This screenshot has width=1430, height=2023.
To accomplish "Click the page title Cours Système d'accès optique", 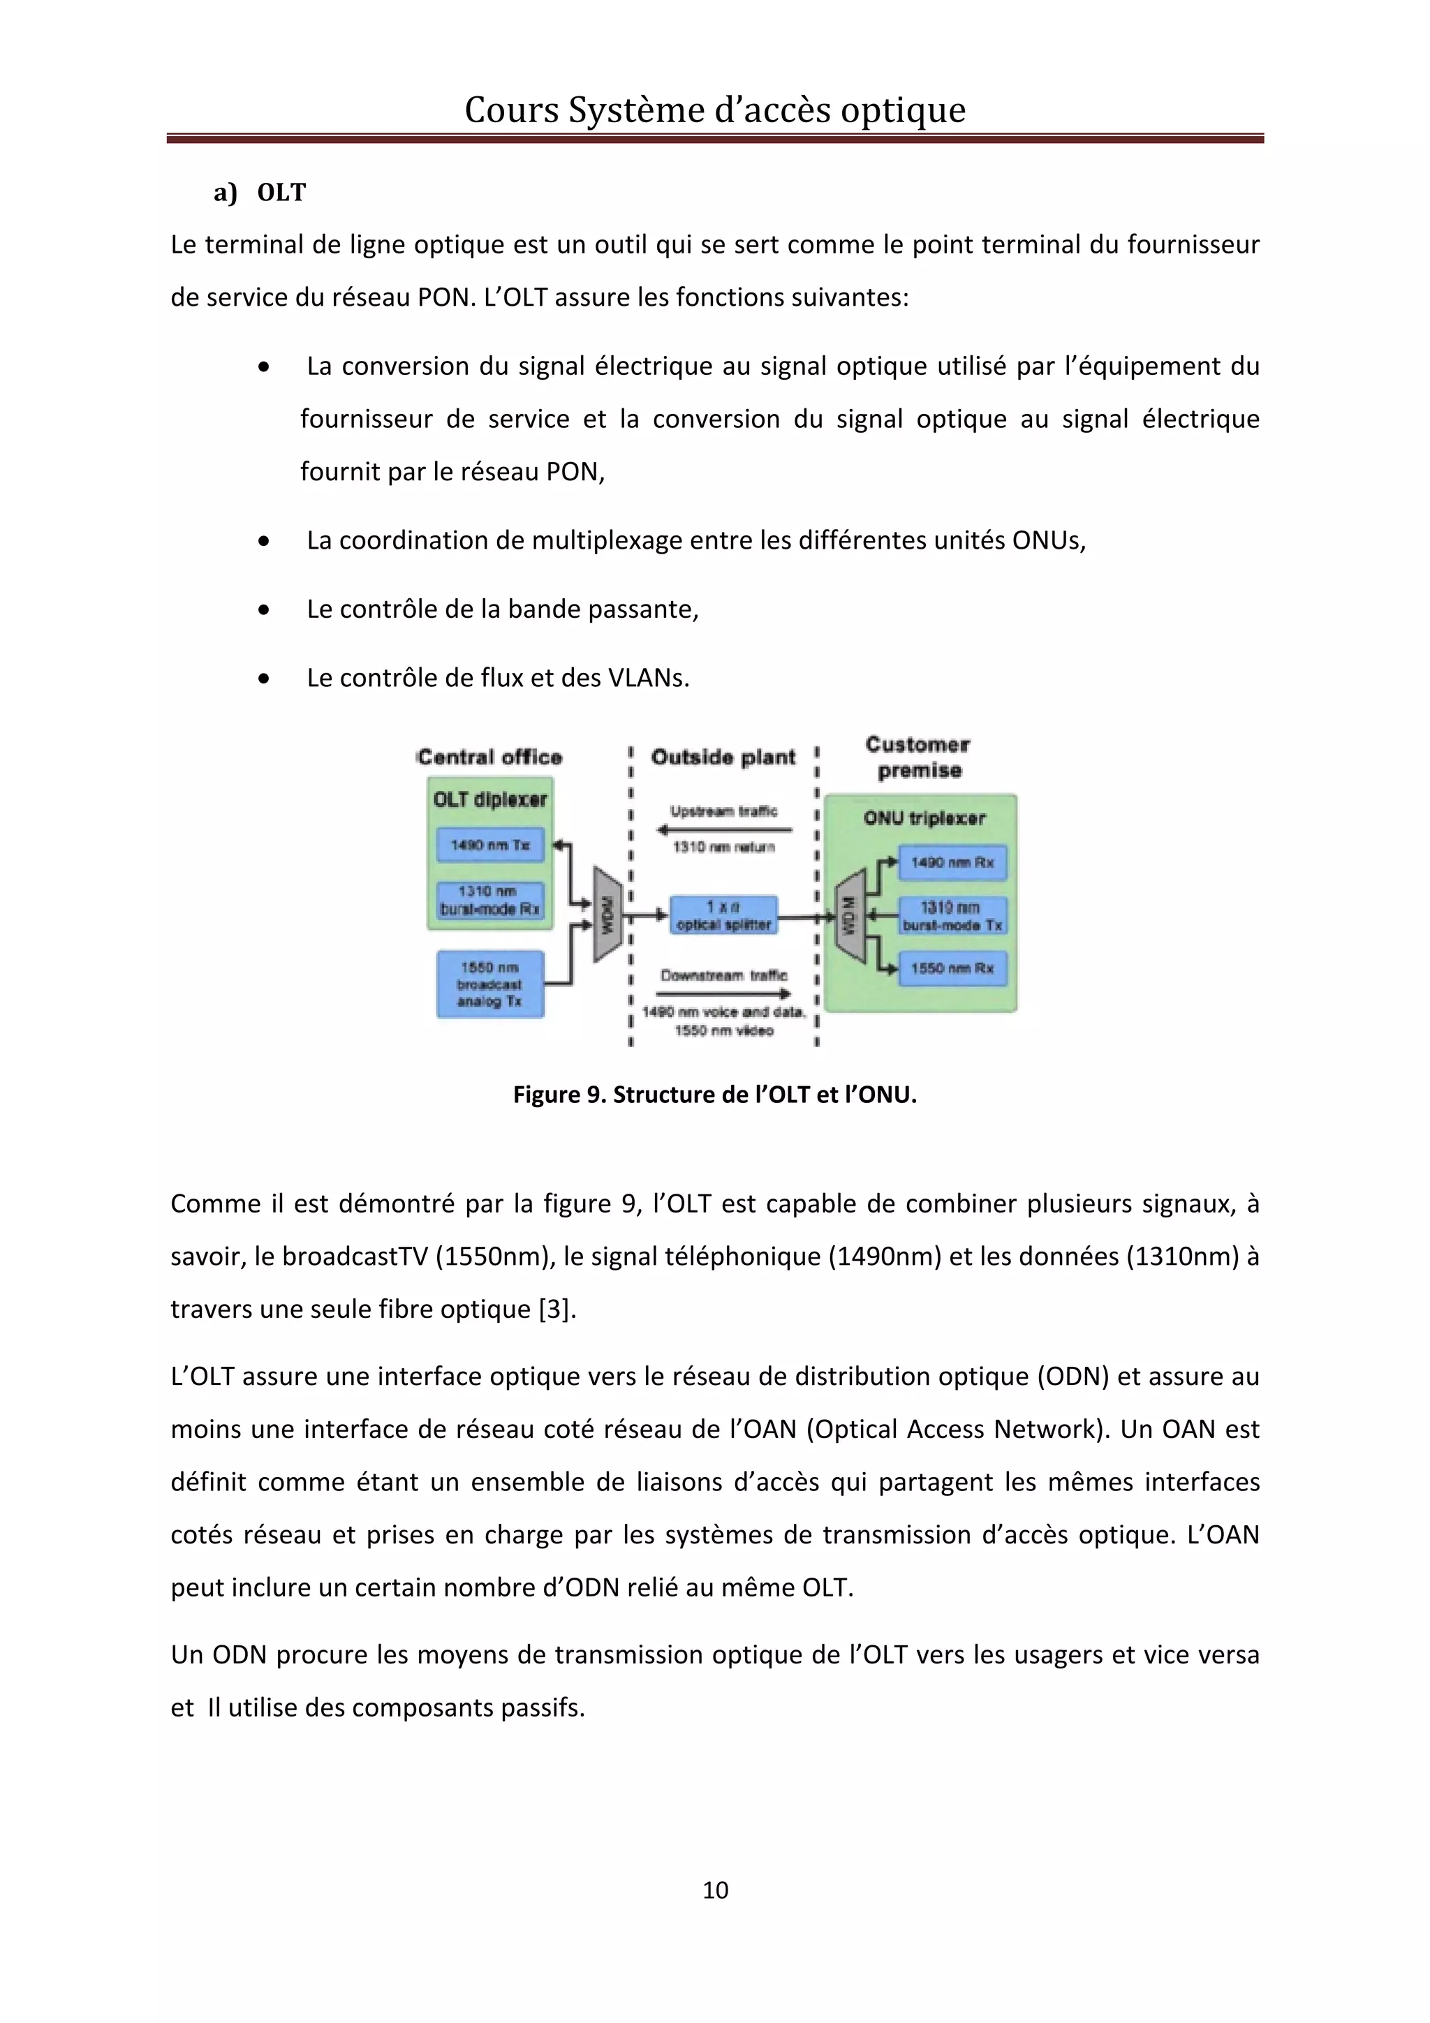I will click(x=714, y=110).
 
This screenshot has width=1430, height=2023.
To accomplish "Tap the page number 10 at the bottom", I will click(x=714, y=1890).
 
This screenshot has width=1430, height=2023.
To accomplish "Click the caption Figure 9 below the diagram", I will click(x=714, y=1095).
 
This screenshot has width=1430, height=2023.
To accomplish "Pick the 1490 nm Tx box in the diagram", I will click(x=490, y=845).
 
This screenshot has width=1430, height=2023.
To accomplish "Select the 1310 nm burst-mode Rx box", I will click(x=490, y=900).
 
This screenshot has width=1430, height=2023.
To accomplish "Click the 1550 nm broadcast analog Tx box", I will click(x=490, y=984).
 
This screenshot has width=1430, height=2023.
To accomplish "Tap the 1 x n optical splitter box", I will click(x=723, y=915).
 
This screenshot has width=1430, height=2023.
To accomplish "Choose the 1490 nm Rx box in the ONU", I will click(x=952, y=863).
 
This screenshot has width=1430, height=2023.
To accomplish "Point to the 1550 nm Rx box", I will click(x=952, y=968).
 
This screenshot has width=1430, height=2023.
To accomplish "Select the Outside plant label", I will click(x=723, y=757).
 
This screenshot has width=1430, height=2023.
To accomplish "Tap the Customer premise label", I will click(x=918, y=757).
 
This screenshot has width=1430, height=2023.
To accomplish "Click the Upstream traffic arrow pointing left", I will click(x=723, y=829).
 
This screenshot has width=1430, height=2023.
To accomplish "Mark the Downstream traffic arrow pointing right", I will click(x=723, y=994).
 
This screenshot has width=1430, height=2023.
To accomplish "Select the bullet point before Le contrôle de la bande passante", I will click(x=263, y=609).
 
